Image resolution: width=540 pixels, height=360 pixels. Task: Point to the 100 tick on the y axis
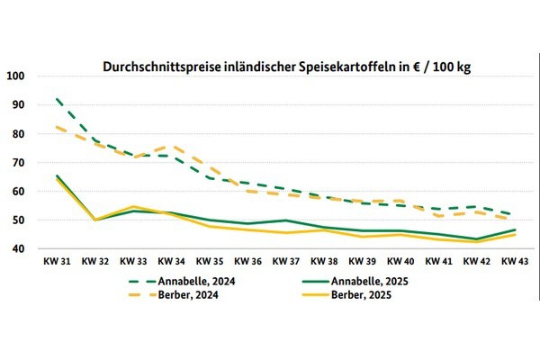[x=16, y=76]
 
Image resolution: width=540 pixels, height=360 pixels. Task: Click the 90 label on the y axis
[x=19, y=104]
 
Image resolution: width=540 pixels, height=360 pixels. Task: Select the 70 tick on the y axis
[x=19, y=163]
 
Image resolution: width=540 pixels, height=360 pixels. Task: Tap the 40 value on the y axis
[x=19, y=249]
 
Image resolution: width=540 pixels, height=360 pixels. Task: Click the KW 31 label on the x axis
[x=58, y=261]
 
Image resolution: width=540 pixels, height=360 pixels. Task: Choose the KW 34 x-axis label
[x=172, y=261]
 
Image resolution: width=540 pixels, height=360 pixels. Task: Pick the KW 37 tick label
[x=285, y=261]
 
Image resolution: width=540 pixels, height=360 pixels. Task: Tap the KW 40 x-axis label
[x=400, y=261]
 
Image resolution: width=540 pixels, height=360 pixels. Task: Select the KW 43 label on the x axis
[x=514, y=261]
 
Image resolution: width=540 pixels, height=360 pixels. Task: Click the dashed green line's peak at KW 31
[x=58, y=99]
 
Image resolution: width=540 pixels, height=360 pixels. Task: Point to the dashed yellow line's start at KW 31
[x=58, y=127]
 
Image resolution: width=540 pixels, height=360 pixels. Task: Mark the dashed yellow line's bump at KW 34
[x=172, y=146]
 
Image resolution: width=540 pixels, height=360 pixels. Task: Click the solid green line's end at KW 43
[x=514, y=230]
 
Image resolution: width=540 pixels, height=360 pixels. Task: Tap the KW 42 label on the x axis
[x=475, y=261]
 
